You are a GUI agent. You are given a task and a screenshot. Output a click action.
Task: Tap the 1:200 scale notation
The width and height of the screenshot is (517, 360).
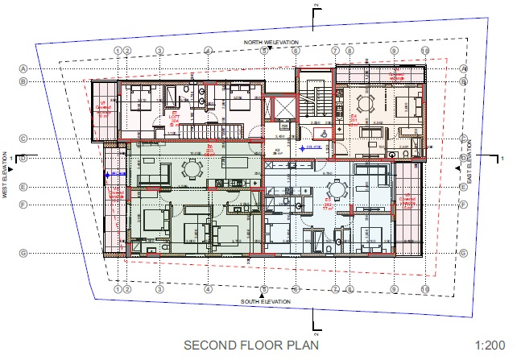click(491, 345)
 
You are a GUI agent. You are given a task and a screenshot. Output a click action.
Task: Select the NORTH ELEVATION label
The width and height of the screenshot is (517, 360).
click(273, 42)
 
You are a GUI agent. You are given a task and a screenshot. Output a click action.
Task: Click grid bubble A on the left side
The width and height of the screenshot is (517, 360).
click(23, 68)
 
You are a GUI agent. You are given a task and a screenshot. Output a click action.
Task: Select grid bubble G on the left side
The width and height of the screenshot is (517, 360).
click(23, 253)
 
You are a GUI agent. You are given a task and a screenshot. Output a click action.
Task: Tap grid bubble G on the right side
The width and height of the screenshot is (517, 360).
click(464, 253)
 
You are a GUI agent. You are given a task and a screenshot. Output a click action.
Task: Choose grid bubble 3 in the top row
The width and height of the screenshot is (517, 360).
click(159, 51)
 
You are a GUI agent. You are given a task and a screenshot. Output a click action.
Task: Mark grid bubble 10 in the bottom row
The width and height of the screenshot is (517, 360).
click(424, 288)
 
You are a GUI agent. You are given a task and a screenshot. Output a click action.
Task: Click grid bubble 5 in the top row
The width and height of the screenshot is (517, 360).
click(263, 51)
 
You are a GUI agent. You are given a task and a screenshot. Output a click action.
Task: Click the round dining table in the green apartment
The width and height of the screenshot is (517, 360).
click(192, 169)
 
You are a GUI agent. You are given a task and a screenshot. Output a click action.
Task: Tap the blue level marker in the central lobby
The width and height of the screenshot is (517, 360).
click(309, 148)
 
